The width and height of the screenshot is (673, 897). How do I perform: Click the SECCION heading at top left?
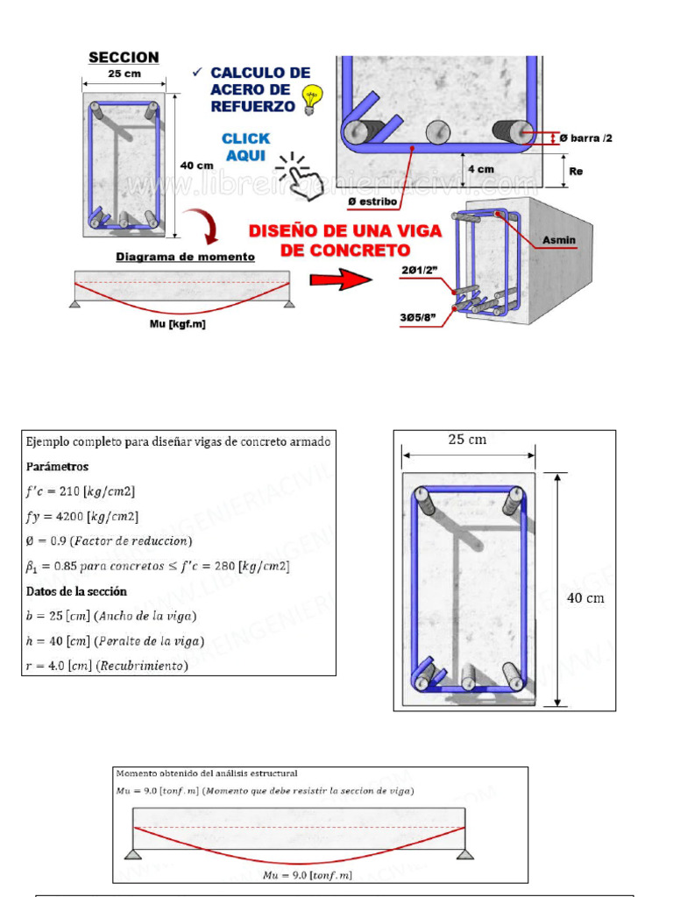(124, 58)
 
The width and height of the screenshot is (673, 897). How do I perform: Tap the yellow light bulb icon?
(309, 100)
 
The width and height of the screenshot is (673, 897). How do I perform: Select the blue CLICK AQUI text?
(245, 146)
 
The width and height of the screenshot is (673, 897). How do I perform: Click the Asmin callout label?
(559, 240)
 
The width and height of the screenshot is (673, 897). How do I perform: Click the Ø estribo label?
(373, 201)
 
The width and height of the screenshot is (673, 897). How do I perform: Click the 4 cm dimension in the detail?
(480, 168)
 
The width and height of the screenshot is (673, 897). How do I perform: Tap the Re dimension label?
(576, 172)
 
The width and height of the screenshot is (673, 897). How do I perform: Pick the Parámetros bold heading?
(57, 466)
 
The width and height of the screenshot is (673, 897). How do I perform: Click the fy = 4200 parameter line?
(81, 516)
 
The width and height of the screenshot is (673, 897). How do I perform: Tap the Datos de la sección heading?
(75, 591)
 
